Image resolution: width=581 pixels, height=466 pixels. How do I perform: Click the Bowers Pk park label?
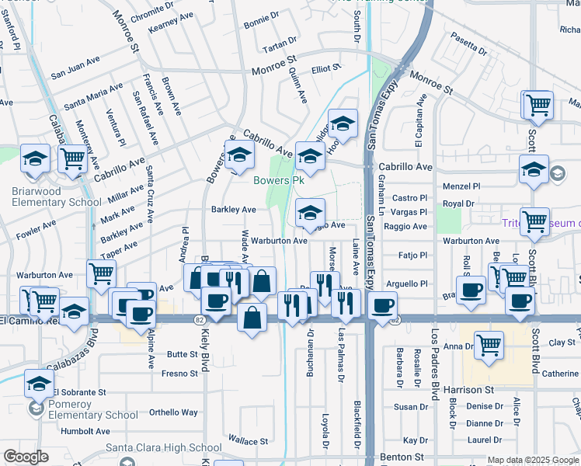278,180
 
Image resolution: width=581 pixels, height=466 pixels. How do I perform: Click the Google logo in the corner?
26,457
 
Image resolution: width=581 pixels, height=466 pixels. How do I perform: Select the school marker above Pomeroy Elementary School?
39,382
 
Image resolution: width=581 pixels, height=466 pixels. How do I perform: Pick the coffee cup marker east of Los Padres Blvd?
471,290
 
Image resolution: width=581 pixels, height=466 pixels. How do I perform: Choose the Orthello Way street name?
173,412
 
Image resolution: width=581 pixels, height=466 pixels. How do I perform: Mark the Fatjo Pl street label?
412,255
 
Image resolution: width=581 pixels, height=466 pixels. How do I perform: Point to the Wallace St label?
249,441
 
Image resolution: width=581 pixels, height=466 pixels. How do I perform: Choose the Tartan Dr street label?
280,41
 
